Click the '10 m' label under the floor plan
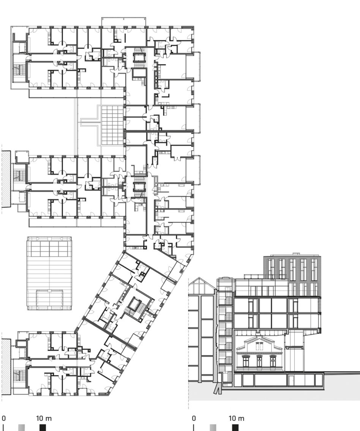(44, 418)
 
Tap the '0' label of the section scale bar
(194, 418)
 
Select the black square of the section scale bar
(235, 428)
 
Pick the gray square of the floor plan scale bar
(21, 428)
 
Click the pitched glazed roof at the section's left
(202, 286)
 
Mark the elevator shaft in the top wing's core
(138, 57)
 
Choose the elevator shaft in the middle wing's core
(138, 187)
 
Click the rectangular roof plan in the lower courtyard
(49, 273)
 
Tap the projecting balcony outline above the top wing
(124, 22)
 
